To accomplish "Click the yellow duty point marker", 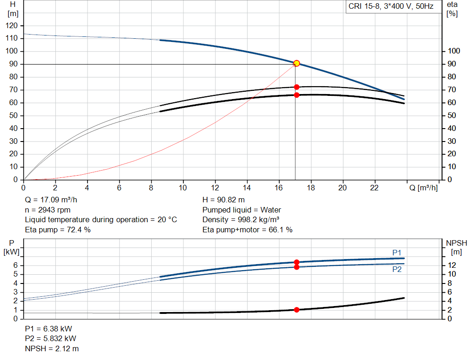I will (296, 63).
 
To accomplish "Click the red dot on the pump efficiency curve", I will (296, 87).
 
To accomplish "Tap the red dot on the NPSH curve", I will (296, 310).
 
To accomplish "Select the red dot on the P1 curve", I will (296, 262).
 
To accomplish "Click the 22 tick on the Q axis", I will (374, 188).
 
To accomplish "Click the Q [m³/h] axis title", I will (423, 188).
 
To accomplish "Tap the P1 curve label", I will (397, 252).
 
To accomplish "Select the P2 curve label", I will (397, 270).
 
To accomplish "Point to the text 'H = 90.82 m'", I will (224, 200).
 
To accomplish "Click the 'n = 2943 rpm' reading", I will (48, 210).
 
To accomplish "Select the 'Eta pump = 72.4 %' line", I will (58, 230).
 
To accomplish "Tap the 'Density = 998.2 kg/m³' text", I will (241, 219).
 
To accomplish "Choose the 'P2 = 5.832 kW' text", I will (50, 339).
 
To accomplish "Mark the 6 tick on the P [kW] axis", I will (15, 265).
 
